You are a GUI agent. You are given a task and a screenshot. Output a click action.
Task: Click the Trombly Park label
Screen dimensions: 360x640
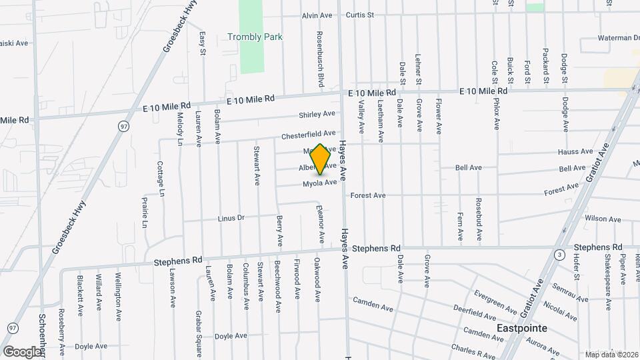(255, 37)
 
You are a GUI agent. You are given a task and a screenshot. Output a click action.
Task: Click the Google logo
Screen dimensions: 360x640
(22, 351)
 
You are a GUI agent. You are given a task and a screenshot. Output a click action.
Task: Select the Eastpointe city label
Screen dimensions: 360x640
(522, 328)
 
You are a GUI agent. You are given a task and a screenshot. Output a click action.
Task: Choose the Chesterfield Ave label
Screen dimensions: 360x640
(308, 133)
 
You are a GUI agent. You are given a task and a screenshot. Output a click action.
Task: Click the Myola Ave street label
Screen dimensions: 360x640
(319, 183)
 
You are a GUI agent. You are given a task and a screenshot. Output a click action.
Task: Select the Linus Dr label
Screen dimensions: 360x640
(231, 218)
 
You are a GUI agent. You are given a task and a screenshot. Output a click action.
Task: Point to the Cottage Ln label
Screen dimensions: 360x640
(161, 179)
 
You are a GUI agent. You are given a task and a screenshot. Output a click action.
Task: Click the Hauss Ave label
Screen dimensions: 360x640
(576, 151)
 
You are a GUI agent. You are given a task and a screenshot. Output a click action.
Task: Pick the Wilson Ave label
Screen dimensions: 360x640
(602, 219)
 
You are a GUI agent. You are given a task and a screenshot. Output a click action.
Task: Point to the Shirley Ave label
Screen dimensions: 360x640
(317, 114)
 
